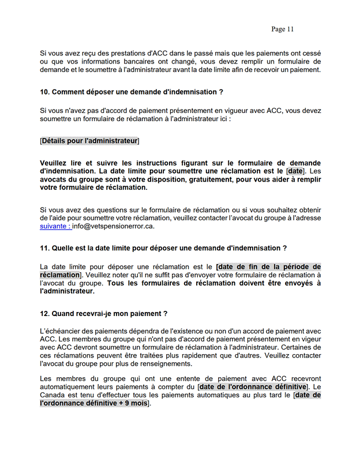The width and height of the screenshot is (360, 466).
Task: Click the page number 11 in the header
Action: pos(290,29)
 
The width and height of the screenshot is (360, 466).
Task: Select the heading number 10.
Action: pos(45,92)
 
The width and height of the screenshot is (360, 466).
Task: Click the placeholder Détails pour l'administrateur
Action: pos(89,141)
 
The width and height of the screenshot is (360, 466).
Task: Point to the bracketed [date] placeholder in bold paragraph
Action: pos(295,171)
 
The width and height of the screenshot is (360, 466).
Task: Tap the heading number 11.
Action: pos(45,248)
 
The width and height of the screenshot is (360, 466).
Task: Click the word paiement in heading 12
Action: pos(147,313)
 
